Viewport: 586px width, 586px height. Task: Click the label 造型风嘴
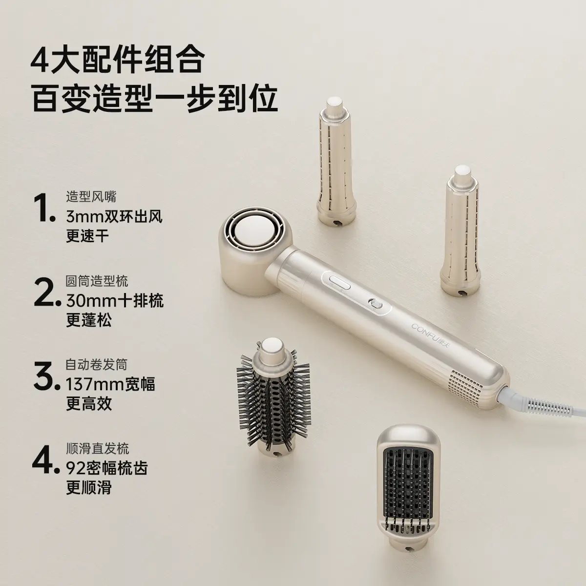(91, 197)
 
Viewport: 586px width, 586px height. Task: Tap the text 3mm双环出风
(114, 217)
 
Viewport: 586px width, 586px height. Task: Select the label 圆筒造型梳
(97, 281)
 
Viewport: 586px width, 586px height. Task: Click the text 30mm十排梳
(115, 301)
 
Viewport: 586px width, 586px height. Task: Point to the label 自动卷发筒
(96, 365)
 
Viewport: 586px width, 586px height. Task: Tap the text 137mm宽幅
(110, 384)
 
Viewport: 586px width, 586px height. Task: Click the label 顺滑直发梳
(97, 449)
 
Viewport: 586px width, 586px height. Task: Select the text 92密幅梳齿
(107, 468)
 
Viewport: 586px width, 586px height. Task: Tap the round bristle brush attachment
(271, 401)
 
